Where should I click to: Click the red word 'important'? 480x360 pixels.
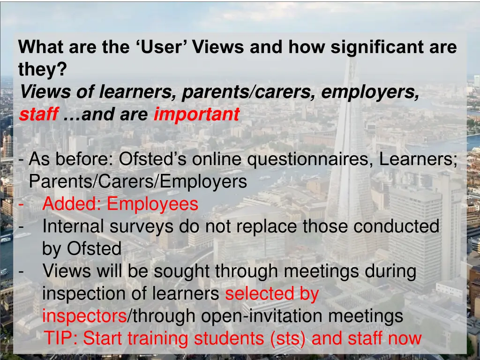(196, 114)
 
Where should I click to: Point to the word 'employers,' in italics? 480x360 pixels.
(370, 92)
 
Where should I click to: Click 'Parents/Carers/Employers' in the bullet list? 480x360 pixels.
(138, 182)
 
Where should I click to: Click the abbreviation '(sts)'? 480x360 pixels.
(288, 338)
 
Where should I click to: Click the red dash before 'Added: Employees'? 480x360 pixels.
(21, 204)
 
